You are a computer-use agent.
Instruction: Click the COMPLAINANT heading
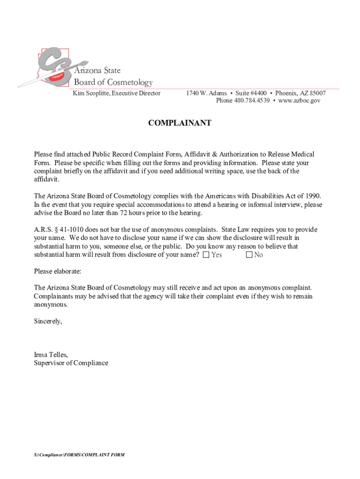pyautogui.click(x=180, y=123)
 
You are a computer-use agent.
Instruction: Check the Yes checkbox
pyautogui.click(x=206, y=255)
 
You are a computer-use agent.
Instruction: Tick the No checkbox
pyautogui.click(x=249, y=255)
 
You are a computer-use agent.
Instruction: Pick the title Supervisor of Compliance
pyautogui.click(x=71, y=363)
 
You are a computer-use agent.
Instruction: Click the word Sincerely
pyautogui.click(x=48, y=321)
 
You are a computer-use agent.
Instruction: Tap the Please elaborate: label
pyautogui.click(x=58, y=271)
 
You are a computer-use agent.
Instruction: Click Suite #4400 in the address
pyautogui.click(x=251, y=93)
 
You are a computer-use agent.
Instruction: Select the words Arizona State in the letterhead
pyautogui.click(x=97, y=71)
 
